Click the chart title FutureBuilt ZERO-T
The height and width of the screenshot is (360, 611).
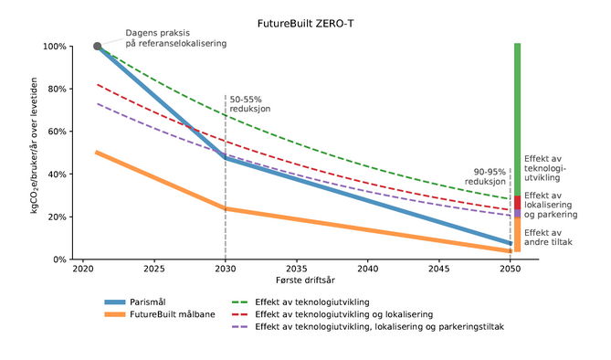[305, 21]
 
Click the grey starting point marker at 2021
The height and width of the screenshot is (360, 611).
[98, 46]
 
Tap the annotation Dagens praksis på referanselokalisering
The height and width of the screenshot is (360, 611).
[174, 37]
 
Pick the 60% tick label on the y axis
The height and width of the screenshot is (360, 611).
[55, 132]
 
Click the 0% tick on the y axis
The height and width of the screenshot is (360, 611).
[58, 259]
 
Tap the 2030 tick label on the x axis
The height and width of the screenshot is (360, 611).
[226, 270]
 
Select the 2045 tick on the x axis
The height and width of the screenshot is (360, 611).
[439, 270]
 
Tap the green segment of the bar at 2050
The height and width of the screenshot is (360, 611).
[517, 119]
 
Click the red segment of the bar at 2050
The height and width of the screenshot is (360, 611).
[517, 202]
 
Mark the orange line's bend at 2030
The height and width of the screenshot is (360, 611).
[226, 208]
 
